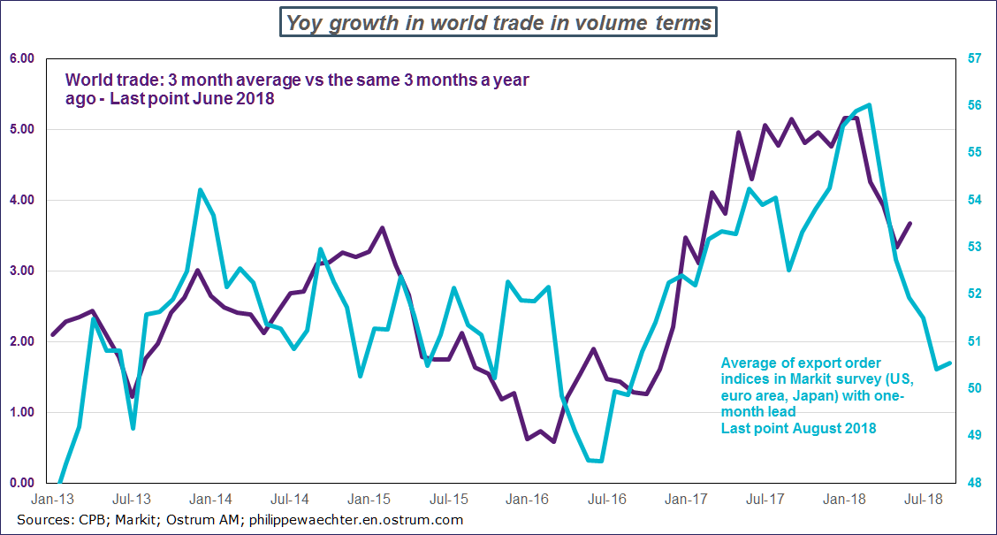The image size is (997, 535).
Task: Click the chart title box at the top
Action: coord(498,22)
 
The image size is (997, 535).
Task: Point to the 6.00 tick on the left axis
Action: coord(21,58)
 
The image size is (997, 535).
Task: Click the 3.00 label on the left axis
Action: coord(21,271)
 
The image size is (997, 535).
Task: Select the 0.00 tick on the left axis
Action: coord(21,483)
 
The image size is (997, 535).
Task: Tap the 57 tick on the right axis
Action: coord(975,58)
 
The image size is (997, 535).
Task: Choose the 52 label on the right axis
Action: coord(975,294)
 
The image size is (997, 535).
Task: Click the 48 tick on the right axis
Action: coord(975,483)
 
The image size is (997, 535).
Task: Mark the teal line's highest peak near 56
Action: coord(870,105)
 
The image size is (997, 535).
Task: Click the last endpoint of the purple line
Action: coord(910,224)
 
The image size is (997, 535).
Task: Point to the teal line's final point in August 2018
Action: coord(950,363)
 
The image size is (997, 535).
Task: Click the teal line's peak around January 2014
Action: coord(200,190)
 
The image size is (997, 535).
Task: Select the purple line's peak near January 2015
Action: coord(382,228)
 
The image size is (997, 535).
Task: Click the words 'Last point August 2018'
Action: coord(798,428)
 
